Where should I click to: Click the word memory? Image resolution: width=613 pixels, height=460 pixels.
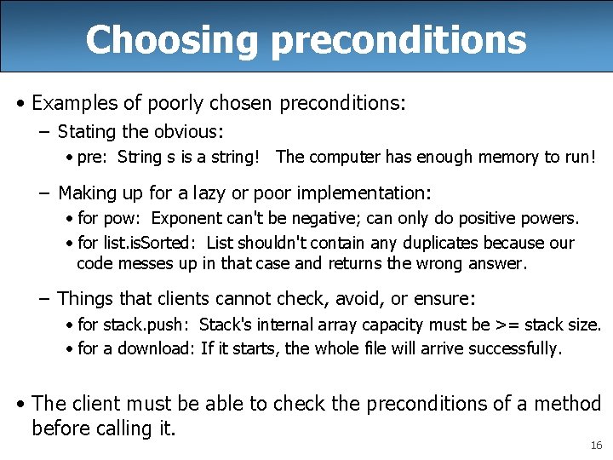pyautogui.click(x=482, y=157)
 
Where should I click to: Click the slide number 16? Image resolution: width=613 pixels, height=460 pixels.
pyautogui.click(x=595, y=446)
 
